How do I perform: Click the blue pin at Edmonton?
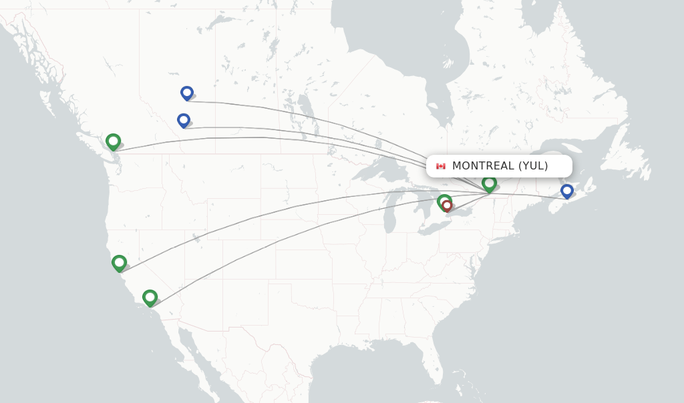(x=187, y=93)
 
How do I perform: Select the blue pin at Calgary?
(x=184, y=120)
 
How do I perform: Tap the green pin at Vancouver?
(x=113, y=141)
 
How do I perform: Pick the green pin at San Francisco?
(x=119, y=263)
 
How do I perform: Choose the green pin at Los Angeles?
(x=150, y=297)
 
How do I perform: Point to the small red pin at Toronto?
(x=448, y=206)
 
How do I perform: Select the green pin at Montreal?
(x=490, y=183)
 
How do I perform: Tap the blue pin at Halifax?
(x=567, y=191)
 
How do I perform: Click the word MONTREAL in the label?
(x=483, y=166)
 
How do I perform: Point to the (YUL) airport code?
(x=533, y=166)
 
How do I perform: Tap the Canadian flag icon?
(x=441, y=166)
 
